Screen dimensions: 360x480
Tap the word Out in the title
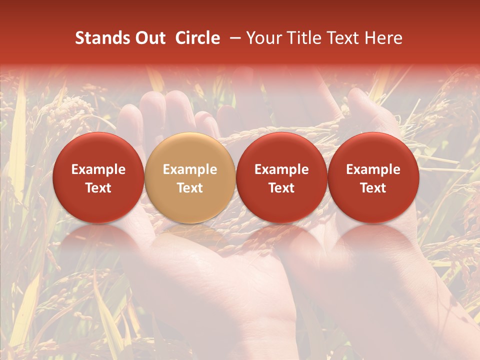(149, 38)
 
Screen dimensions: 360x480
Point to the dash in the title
(235, 38)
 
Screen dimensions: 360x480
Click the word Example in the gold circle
(190, 170)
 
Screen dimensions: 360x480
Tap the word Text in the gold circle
(190, 188)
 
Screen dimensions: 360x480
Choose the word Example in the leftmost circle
(98, 170)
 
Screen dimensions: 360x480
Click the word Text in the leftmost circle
(98, 188)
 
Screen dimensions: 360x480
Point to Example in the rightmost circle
(373, 170)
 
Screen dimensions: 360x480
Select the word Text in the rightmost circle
(373, 188)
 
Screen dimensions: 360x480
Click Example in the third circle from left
(281, 170)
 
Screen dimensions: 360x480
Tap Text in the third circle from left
(281, 188)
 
